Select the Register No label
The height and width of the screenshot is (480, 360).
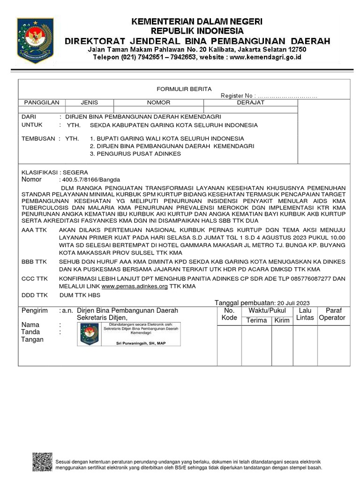238,96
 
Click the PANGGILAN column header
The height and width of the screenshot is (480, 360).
42,102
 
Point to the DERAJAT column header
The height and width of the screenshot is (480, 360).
250,102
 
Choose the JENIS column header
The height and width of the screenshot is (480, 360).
89,102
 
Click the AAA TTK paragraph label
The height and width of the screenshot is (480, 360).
35,230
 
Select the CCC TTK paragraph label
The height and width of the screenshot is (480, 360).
35,278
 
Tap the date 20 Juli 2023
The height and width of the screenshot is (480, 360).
293,303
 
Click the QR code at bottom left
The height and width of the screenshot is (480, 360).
42,462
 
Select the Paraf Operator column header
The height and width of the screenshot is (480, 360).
331,314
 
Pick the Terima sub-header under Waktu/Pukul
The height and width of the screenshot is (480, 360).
257,321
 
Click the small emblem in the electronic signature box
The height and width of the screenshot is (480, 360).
89,334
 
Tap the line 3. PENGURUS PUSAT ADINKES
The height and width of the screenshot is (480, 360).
135,154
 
